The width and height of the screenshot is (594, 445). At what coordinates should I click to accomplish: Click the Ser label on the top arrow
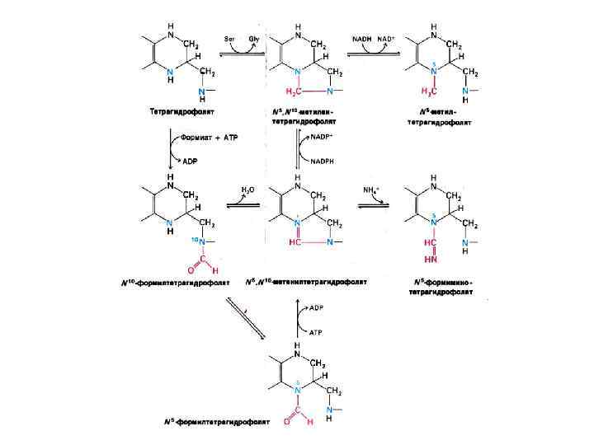[x=231, y=38]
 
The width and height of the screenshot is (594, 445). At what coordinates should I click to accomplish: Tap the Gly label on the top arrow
[x=255, y=38]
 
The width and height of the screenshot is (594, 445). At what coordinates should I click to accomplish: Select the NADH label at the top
[x=361, y=38]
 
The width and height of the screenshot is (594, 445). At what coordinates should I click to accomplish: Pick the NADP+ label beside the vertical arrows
[x=322, y=138]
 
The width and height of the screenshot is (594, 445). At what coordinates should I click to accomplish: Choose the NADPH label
[x=323, y=162]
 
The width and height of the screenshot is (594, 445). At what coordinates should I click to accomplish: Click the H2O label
[x=247, y=190]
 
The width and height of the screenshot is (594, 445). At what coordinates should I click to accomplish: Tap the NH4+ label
[x=372, y=190]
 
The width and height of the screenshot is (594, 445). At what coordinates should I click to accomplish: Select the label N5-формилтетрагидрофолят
[x=216, y=421]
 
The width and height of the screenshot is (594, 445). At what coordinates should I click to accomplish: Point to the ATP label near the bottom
[x=315, y=332]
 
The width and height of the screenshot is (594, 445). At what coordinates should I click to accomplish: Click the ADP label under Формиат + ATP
[x=190, y=162]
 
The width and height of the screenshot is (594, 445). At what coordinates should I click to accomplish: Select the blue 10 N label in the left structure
[x=196, y=240]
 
